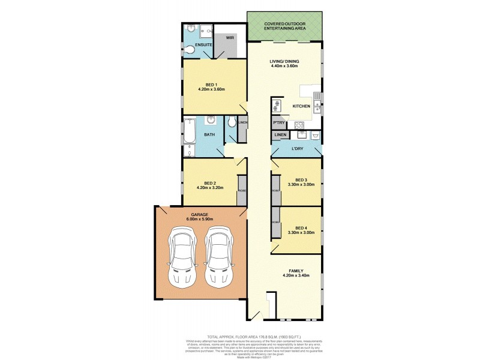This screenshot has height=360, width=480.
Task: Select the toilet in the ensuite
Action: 189,49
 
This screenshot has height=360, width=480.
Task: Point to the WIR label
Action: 230,37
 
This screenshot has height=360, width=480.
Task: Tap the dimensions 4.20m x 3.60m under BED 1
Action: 211,89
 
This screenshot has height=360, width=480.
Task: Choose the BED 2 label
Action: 209,182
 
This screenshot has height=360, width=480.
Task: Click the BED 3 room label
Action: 301,180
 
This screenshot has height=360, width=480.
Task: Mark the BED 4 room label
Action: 301,227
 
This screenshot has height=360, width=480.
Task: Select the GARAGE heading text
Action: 199,214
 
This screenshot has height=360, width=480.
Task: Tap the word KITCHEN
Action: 301,106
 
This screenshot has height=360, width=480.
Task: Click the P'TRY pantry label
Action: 278,122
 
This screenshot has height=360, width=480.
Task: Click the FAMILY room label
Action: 295,271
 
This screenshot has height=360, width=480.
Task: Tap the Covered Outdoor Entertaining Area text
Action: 284,25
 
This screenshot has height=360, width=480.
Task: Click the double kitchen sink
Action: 317,105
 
